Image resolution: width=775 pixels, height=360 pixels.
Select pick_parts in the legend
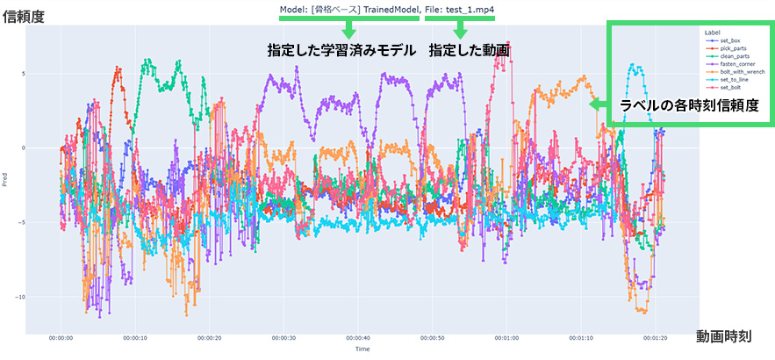point(732,48)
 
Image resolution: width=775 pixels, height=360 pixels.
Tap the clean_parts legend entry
point(733,56)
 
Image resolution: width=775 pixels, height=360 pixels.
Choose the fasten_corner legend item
point(735,64)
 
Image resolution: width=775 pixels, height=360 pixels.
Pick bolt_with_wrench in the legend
point(738,72)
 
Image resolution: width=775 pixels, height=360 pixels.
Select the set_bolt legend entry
point(730,88)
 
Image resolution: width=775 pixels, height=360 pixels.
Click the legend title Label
point(712,32)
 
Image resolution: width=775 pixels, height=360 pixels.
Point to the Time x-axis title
point(362,349)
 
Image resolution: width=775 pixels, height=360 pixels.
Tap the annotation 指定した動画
point(470,51)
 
